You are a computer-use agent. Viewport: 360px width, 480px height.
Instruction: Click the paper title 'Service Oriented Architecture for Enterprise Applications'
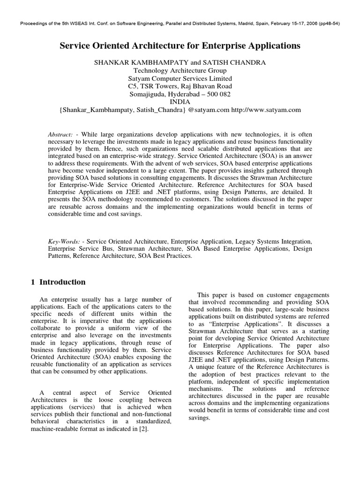[x=180, y=46]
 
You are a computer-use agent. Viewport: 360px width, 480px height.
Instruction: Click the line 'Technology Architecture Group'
[x=180, y=70]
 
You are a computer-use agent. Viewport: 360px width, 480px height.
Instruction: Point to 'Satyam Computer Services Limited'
[x=180, y=78]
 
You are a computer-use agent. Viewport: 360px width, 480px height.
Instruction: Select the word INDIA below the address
[x=180, y=101]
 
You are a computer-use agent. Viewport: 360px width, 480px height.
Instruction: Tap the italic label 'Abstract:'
[x=61, y=135]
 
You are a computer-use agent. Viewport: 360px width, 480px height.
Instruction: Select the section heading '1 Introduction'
[x=58, y=282]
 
